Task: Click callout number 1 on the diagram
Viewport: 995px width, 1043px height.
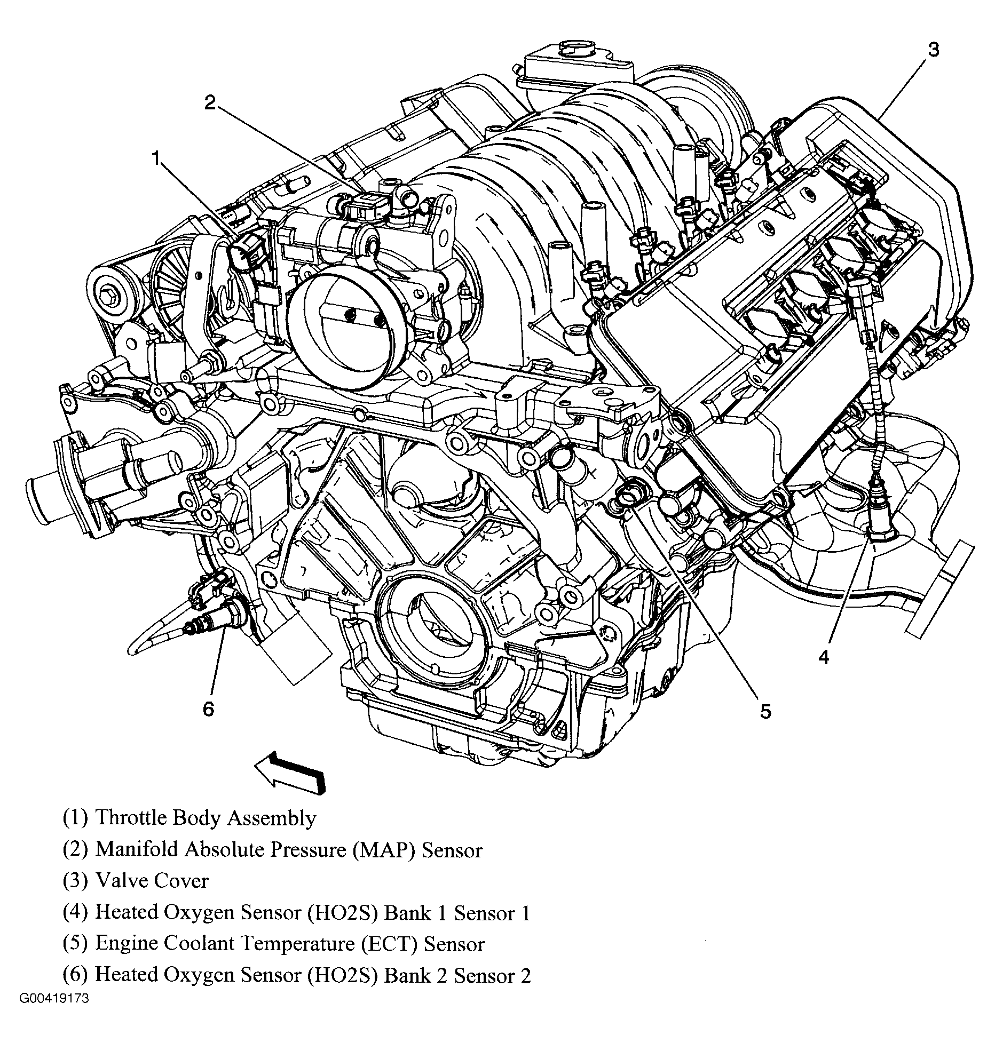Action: point(156,159)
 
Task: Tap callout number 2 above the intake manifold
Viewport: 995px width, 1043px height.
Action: point(210,101)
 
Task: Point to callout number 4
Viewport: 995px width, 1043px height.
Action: point(824,657)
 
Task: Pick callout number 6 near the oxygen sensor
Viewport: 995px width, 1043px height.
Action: point(208,708)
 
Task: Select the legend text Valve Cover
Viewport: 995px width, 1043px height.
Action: point(152,881)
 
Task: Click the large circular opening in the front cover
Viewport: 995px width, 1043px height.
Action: point(430,622)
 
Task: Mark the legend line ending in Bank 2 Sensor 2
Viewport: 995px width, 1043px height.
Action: point(297,976)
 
